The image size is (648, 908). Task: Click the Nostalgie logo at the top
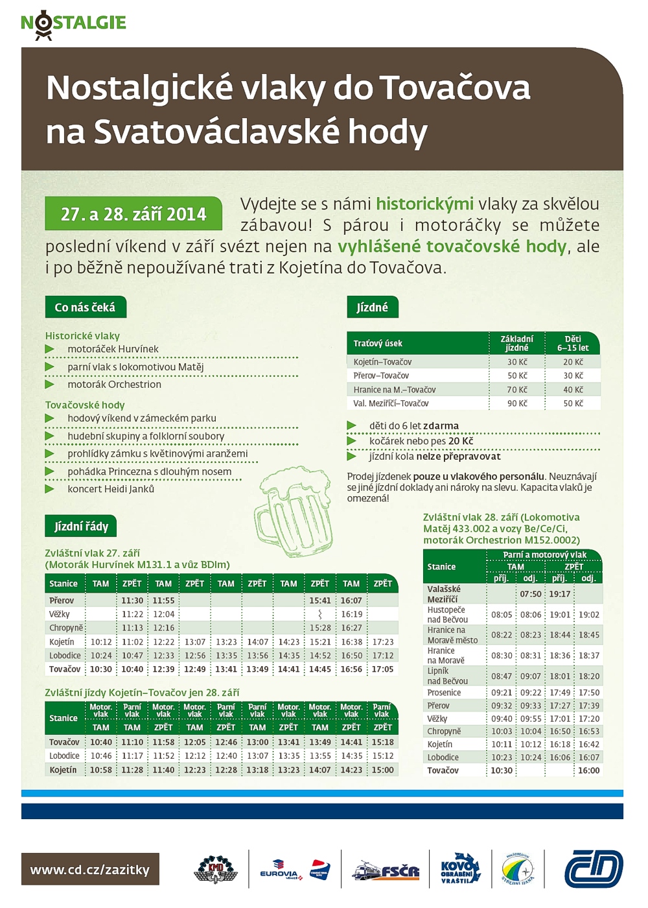(73, 24)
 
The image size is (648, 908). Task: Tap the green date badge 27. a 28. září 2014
(133, 214)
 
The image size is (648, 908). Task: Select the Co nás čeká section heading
(85, 307)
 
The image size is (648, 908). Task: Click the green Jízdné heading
(373, 307)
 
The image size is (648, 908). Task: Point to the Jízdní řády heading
(81, 526)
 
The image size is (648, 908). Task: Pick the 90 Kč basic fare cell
(517, 403)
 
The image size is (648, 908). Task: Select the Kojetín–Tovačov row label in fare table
(382, 362)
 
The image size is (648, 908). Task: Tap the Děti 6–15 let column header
(573, 343)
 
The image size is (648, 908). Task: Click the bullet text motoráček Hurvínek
(113, 349)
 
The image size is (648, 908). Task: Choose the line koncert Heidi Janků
(111, 489)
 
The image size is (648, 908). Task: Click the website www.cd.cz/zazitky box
(90, 870)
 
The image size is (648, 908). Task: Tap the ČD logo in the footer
(593, 869)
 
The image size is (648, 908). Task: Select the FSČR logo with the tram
(386, 871)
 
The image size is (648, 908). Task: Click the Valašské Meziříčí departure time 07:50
(531, 594)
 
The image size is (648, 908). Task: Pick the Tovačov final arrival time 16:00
(589, 771)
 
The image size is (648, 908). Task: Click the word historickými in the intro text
(424, 204)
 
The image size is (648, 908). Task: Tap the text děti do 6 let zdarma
(414, 426)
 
